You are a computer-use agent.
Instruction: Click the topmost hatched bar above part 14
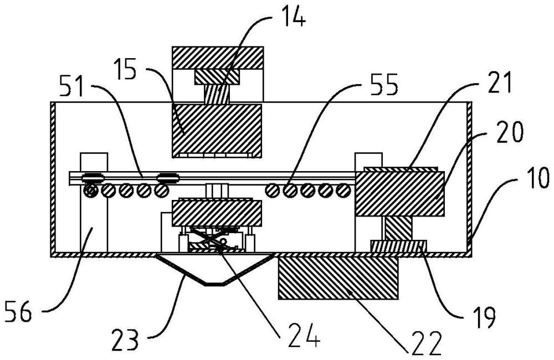(217, 56)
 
